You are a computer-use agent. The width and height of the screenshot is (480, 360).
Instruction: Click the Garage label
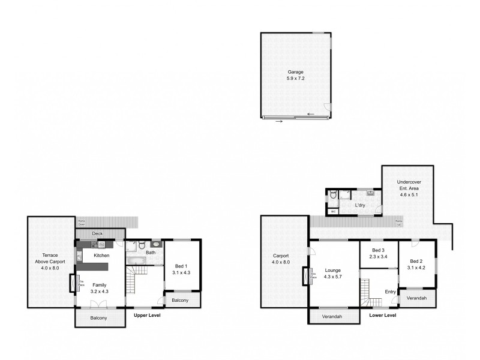(x=295, y=72)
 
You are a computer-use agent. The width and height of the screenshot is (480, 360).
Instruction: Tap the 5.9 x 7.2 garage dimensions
(x=295, y=79)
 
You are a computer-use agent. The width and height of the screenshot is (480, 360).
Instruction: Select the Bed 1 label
(x=181, y=266)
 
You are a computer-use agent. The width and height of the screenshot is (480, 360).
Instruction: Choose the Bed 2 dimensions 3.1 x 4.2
(x=417, y=268)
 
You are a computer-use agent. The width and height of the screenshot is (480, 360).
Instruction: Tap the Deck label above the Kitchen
(x=98, y=234)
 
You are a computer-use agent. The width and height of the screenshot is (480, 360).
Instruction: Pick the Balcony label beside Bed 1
(x=180, y=300)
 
